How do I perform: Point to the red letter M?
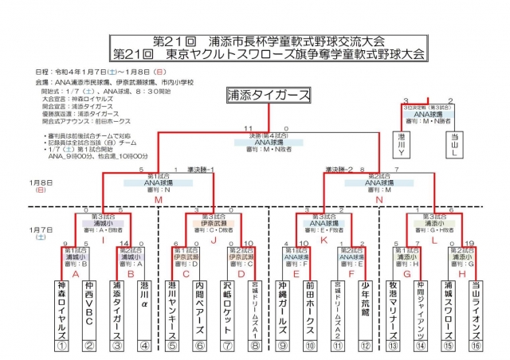point(158,200)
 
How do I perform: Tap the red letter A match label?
point(76,272)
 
